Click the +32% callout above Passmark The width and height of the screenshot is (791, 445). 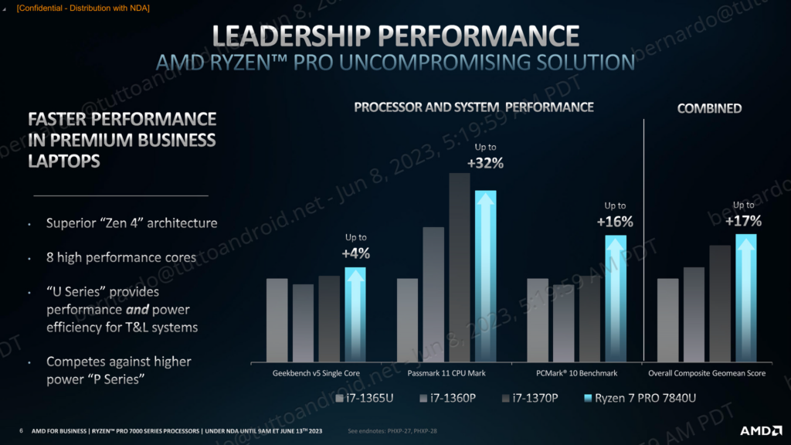485,163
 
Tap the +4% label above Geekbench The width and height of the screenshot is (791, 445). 355,253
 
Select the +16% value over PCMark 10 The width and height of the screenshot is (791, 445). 615,222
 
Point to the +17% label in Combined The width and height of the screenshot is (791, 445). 744,221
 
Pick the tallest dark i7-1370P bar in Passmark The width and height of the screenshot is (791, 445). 460,267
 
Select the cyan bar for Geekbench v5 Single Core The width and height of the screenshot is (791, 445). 355,313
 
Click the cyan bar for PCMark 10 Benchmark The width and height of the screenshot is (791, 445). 615,297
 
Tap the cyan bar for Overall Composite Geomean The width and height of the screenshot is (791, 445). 745,297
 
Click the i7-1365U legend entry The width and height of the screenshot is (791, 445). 365,399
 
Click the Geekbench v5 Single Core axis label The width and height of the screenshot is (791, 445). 316,373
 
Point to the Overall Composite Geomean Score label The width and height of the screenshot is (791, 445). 706,373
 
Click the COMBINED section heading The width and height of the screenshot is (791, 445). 709,108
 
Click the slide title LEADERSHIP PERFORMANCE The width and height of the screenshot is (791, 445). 395,35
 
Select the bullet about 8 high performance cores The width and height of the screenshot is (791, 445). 121,257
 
